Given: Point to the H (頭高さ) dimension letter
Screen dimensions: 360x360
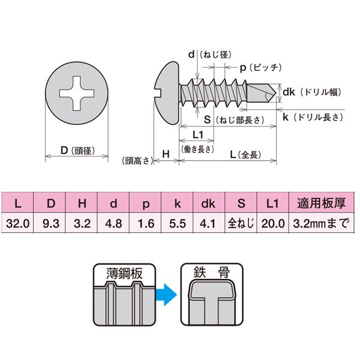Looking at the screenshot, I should tap(166, 155).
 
